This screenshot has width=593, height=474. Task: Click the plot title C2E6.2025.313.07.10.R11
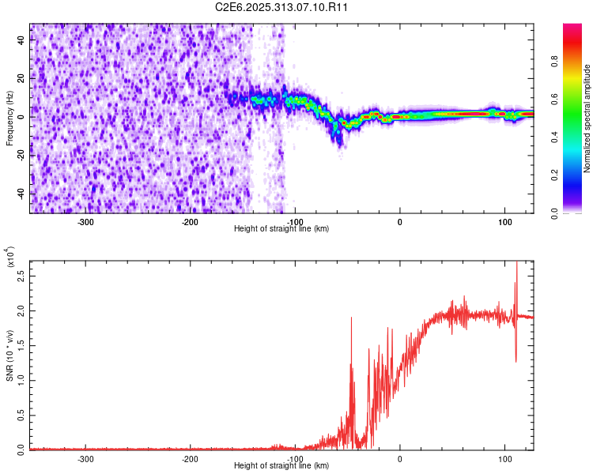[x=282, y=7]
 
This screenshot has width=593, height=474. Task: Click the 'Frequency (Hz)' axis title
[x=9, y=118]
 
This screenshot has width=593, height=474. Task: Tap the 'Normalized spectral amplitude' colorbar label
[x=587, y=118]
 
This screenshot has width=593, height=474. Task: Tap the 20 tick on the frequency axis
[x=21, y=79]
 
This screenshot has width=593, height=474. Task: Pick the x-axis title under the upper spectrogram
[x=282, y=229]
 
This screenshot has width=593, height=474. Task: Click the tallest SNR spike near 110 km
[x=516, y=263]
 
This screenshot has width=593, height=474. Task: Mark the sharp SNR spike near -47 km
[x=351, y=318]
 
